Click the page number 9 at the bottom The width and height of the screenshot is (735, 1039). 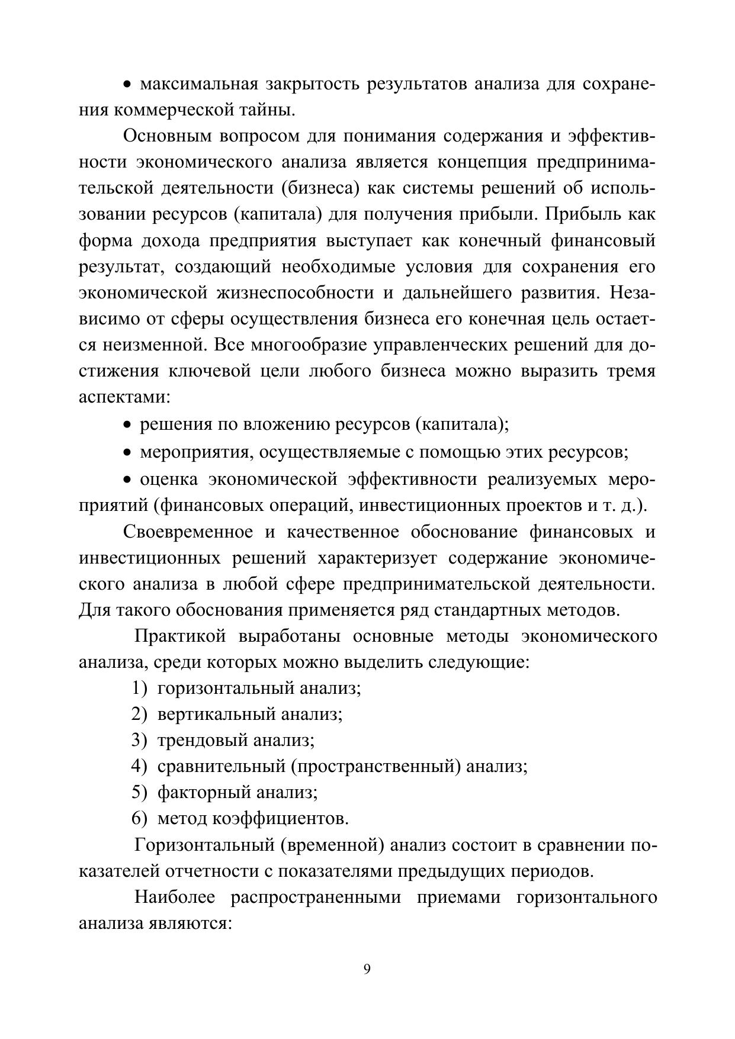tap(367, 969)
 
